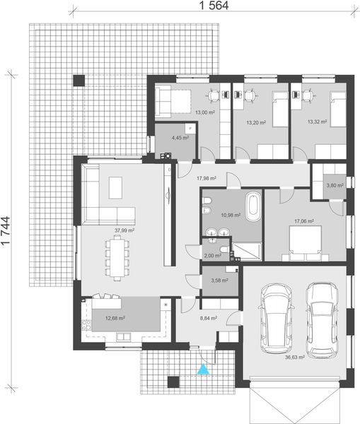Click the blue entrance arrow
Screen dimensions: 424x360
click(204, 368)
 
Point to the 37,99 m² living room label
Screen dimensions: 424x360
click(124, 230)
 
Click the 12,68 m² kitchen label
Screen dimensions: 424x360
click(115, 319)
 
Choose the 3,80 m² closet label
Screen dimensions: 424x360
click(335, 186)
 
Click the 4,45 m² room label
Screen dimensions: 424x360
click(180, 137)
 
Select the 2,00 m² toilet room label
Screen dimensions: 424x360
click(211, 256)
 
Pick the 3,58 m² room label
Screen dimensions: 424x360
click(219, 281)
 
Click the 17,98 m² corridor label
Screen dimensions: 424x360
click(206, 179)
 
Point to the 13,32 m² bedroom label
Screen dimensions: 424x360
click(316, 122)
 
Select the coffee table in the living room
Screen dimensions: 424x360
click(116, 188)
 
